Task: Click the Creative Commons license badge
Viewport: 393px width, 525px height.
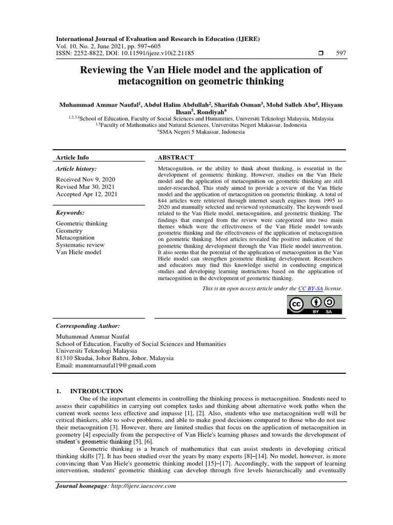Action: tap(314, 305)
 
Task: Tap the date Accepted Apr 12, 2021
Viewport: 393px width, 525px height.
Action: tap(86, 194)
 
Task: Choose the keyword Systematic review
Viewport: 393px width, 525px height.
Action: tap(81, 245)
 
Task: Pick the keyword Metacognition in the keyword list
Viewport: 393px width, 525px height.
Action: tap(75, 238)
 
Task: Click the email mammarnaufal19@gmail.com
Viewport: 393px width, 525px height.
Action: tap(105, 366)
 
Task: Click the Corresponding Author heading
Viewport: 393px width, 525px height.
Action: tap(88, 326)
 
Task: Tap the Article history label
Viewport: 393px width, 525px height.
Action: tap(76, 169)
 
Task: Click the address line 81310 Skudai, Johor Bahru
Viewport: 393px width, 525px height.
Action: tap(114, 358)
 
